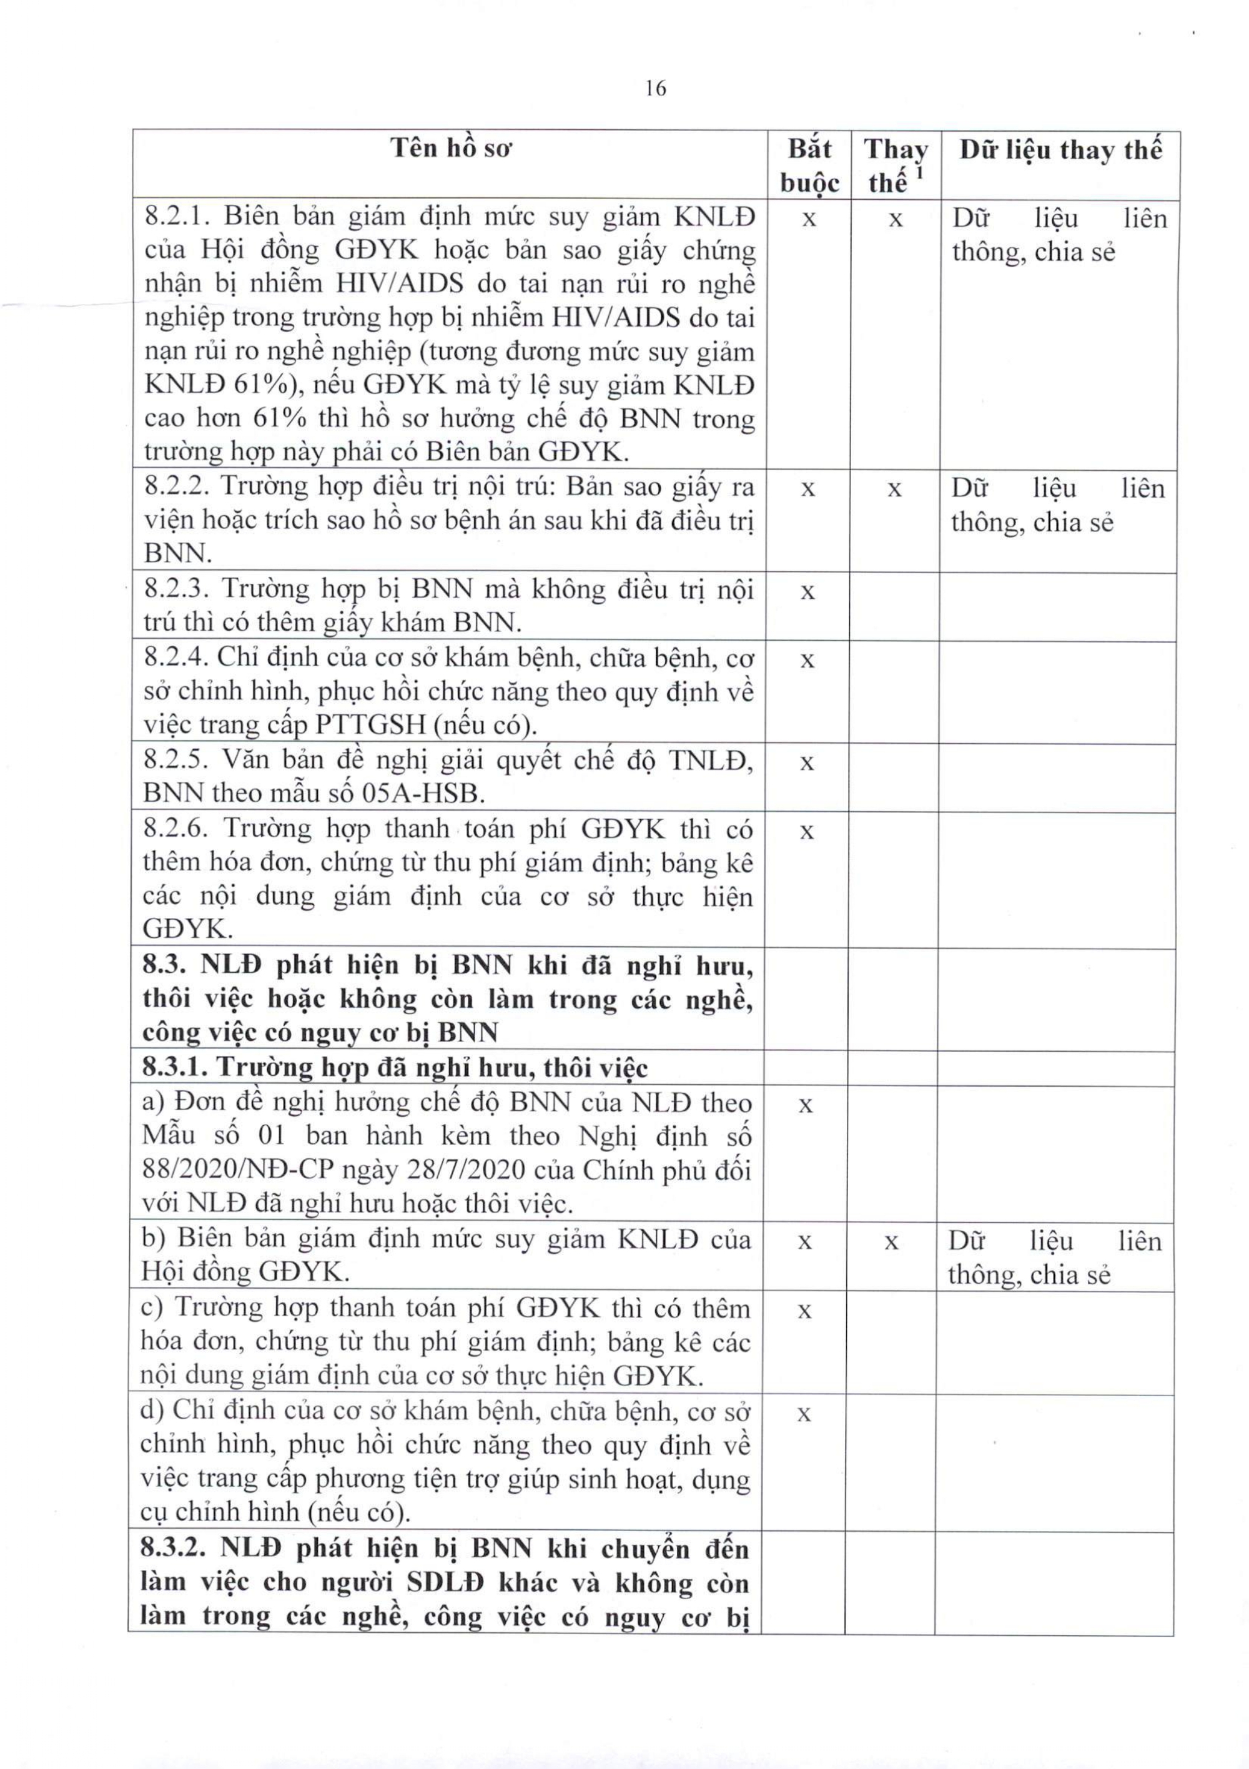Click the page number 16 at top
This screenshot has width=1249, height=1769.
pos(656,89)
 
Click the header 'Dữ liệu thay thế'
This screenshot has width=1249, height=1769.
pos(1059,149)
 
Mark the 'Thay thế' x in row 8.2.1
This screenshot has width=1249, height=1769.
pos(896,220)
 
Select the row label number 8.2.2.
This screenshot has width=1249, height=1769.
pos(175,487)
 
